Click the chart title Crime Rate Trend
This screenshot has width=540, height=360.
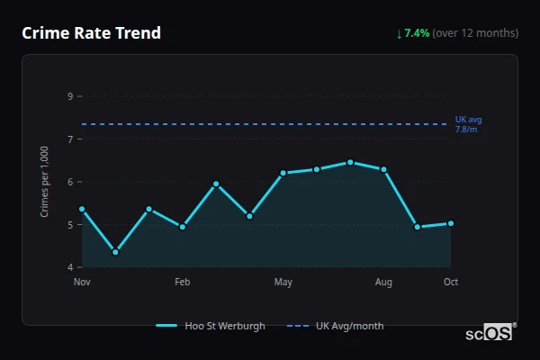[91, 33]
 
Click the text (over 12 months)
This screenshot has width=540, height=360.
[475, 33]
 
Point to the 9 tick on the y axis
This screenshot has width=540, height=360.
[70, 96]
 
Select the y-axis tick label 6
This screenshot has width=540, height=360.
[70, 182]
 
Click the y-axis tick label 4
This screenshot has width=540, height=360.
[70, 267]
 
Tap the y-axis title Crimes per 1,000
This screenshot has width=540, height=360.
[44, 181]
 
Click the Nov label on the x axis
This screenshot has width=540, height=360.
[82, 283]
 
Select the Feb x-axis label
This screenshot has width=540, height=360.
[182, 283]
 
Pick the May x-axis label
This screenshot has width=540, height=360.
[283, 283]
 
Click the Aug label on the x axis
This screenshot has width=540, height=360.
[383, 283]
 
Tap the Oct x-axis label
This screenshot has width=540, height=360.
[451, 283]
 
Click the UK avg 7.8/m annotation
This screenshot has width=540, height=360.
[468, 124]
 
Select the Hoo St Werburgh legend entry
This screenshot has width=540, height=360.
[211, 326]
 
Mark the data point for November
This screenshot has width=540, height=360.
[82, 209]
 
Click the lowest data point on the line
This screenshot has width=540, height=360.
[115, 252]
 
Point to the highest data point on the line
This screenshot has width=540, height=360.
[350, 162]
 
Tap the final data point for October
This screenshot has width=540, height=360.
[451, 223]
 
